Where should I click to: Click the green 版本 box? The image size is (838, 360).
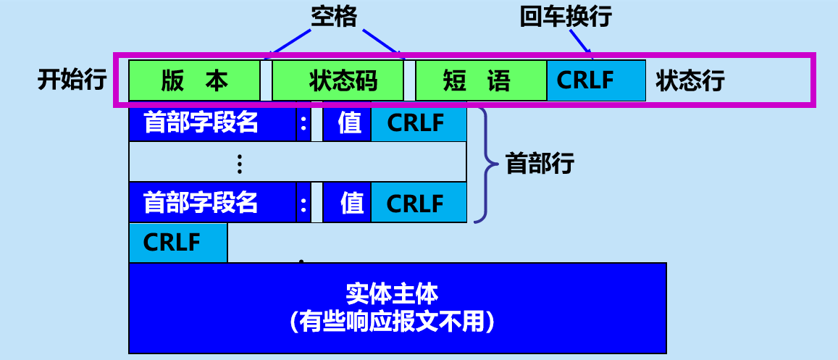(x=194, y=80)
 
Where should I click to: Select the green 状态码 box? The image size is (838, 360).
(x=338, y=80)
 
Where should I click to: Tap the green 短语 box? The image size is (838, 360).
(x=481, y=80)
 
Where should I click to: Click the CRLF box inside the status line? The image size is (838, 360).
(x=595, y=80)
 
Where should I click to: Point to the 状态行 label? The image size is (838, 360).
(x=690, y=80)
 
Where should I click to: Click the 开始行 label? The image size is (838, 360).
(x=72, y=80)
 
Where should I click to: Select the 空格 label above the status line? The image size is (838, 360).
(x=334, y=17)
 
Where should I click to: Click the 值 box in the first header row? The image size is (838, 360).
(x=347, y=124)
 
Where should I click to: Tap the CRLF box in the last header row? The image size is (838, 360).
(x=419, y=203)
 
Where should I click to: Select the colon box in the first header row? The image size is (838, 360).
(x=303, y=124)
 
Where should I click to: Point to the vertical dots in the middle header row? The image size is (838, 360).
(x=239, y=164)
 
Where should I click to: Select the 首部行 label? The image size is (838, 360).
(x=540, y=164)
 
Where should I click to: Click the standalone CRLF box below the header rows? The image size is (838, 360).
(x=177, y=243)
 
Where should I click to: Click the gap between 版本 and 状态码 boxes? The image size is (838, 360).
(x=266, y=80)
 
